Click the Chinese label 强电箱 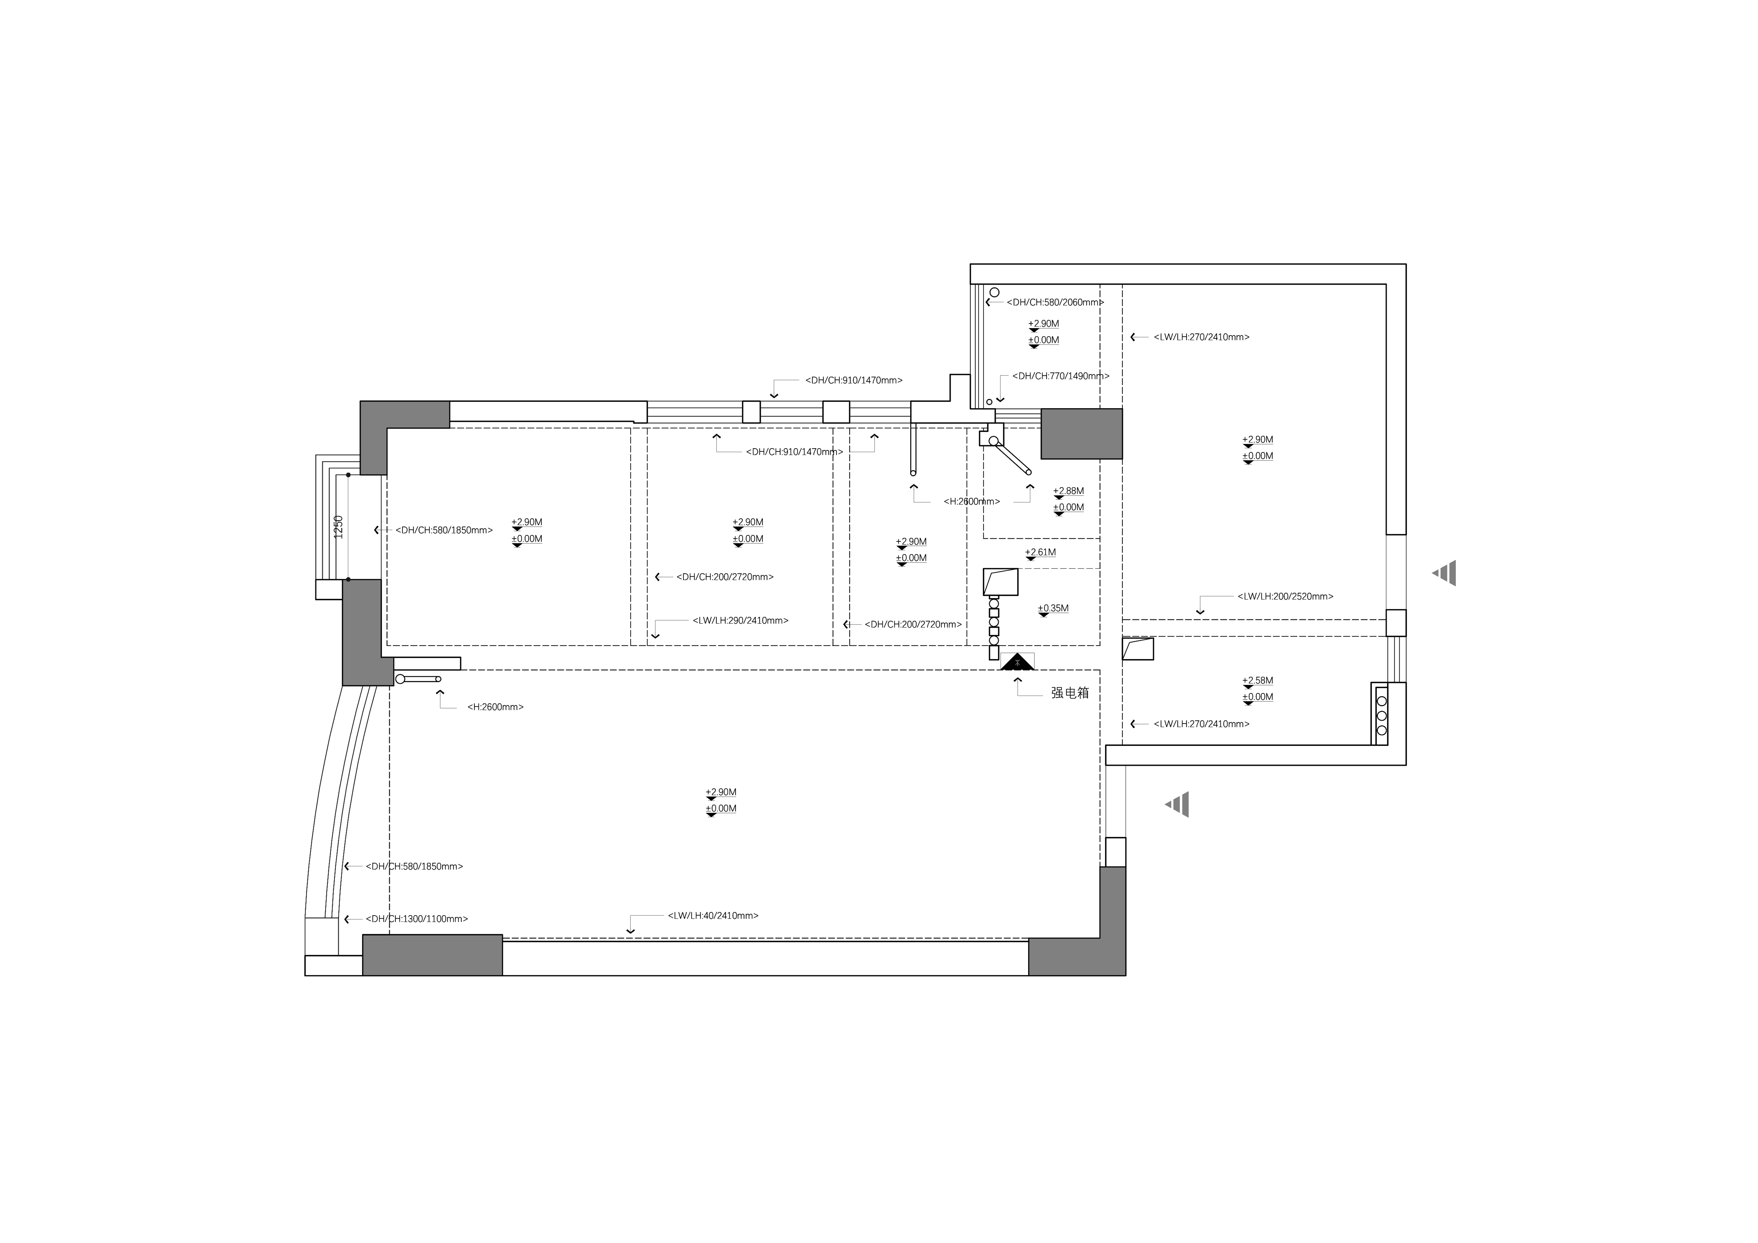tap(1070, 692)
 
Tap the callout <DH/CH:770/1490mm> tap(1060, 376)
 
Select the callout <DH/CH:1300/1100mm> tap(417, 918)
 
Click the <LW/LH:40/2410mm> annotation tap(713, 915)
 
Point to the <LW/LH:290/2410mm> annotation tap(740, 620)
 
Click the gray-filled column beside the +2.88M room tap(1081, 433)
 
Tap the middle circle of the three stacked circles tap(1381, 715)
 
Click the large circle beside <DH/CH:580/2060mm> tap(995, 292)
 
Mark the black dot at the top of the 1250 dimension tap(348, 475)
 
